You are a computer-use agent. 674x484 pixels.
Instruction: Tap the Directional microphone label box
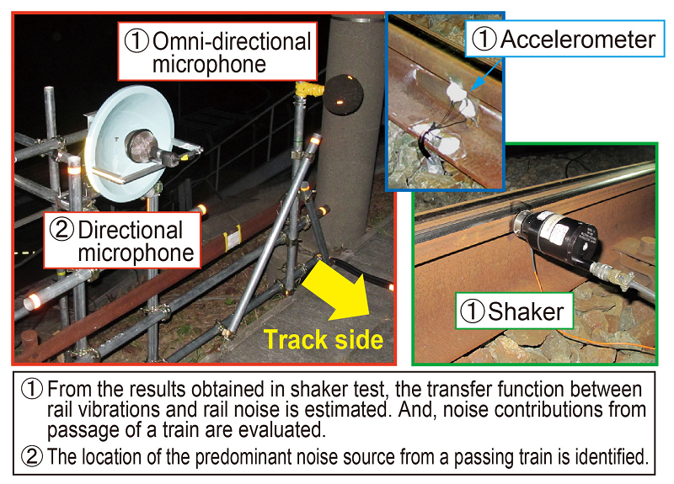[124, 241]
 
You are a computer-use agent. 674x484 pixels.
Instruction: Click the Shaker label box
[513, 312]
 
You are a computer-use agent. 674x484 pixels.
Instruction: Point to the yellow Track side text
[324, 340]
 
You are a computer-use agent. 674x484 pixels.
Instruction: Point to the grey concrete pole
[350, 168]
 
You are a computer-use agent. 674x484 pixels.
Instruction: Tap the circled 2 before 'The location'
[33, 457]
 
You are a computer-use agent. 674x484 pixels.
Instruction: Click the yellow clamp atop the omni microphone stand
[308, 88]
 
